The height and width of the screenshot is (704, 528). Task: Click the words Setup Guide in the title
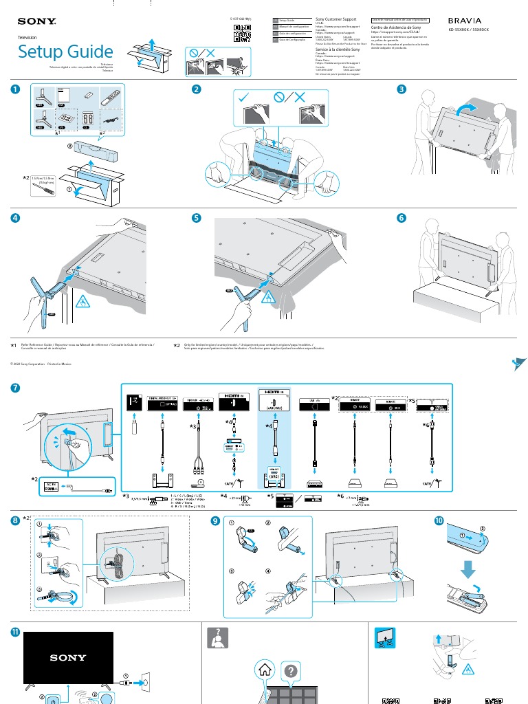[65, 52]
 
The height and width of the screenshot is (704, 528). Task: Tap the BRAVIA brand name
[465, 21]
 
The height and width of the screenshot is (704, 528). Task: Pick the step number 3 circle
[401, 90]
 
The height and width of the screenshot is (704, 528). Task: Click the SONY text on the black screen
[68, 658]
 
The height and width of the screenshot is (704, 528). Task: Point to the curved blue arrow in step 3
[467, 108]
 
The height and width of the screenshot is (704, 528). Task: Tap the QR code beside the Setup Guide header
[241, 33]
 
